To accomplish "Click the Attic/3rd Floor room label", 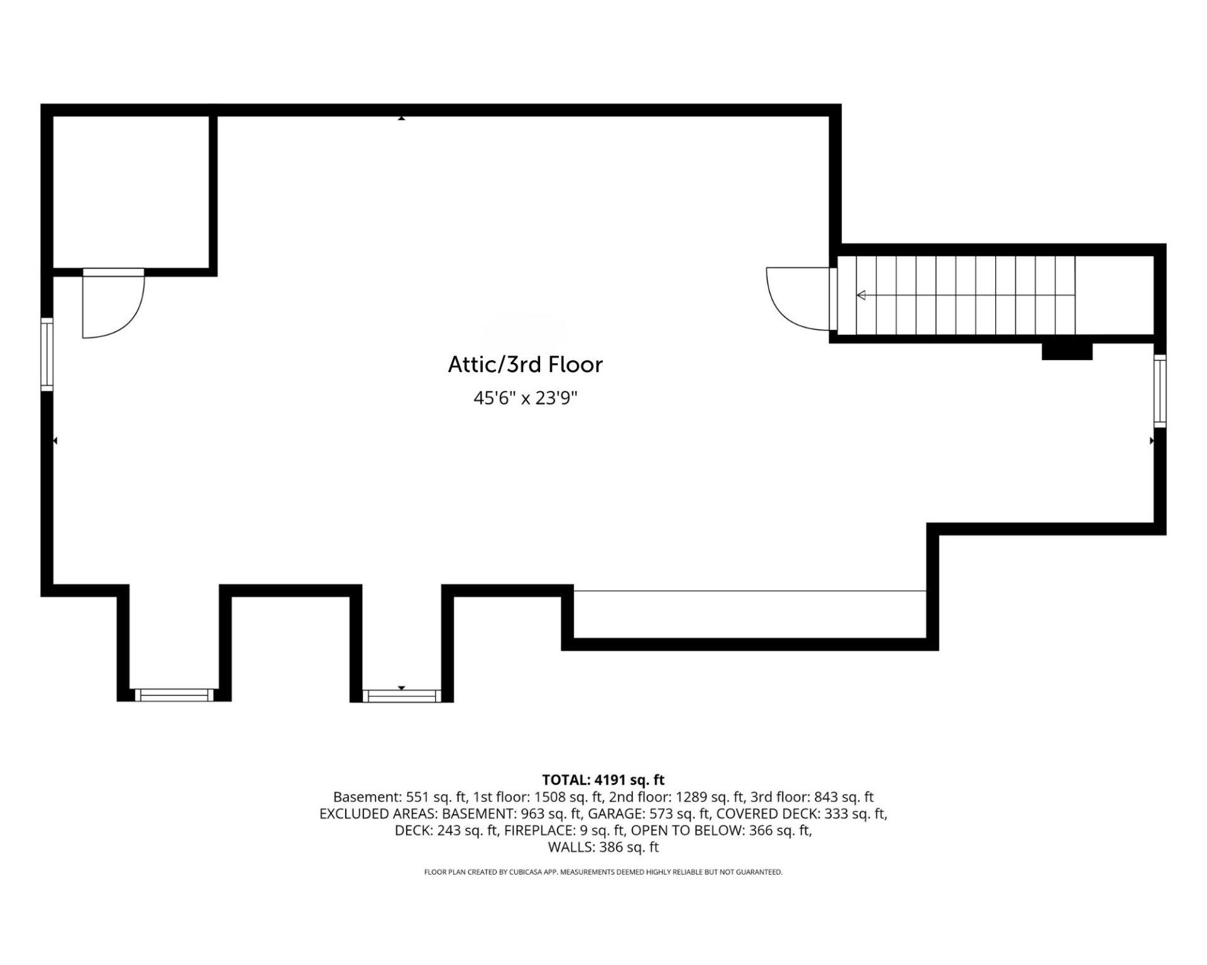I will pos(525,364).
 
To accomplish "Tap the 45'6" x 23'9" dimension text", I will pos(525,398).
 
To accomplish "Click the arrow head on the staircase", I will pos(861,295).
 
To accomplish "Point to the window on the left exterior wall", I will pos(47,355).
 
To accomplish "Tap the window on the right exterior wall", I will pos(1160,391).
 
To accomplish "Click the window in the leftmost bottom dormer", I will pos(174,695).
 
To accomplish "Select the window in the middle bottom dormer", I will pos(402,695).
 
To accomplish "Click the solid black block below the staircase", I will pos(1067,351).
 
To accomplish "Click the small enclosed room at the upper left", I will pos(131,192).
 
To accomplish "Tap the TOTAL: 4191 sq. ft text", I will pos(603,780).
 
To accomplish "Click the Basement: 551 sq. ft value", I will pos(400,797).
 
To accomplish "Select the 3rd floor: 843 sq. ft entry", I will pos(812,797).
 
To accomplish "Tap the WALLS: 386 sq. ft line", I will pos(603,847).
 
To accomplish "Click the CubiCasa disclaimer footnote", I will pos(603,872).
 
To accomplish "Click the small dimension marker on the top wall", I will pos(401,117).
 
